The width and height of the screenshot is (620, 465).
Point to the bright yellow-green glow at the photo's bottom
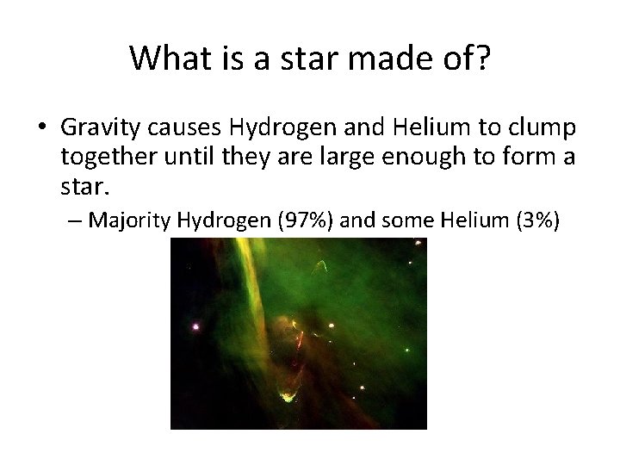[284, 397]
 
